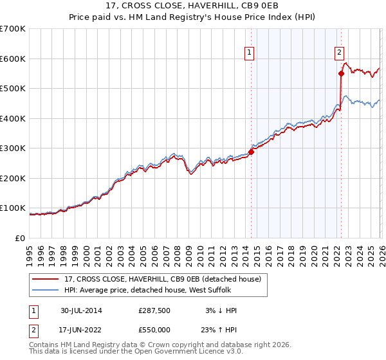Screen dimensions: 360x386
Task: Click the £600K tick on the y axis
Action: point(13,59)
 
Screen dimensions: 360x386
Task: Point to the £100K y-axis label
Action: point(13,208)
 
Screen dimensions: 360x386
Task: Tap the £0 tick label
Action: point(19,239)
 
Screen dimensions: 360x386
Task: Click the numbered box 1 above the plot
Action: point(249,53)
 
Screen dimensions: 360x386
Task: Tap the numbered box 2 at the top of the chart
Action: point(339,53)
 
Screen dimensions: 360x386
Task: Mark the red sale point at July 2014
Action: point(251,152)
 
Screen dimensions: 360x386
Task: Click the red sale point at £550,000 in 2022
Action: point(341,73)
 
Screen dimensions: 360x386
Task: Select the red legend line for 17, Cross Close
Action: point(46,279)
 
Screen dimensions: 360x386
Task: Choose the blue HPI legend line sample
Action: point(46,290)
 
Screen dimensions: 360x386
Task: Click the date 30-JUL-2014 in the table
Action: point(81,310)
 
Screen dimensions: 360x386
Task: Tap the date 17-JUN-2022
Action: point(81,329)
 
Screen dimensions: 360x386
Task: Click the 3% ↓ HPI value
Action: point(220,310)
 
